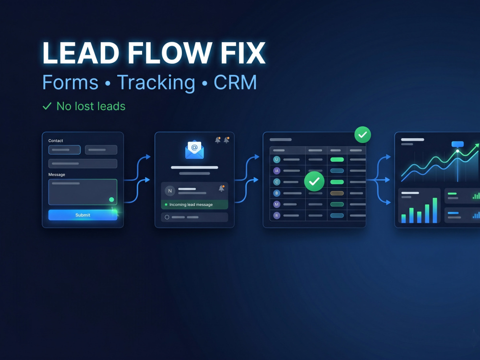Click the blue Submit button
(83, 215)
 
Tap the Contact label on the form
(56, 141)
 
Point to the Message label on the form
(57, 175)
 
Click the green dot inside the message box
(111, 200)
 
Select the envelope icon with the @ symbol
(194, 150)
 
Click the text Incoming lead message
(191, 204)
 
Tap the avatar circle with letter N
(170, 191)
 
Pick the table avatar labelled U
(277, 159)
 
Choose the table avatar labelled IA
(277, 170)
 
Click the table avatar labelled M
(277, 204)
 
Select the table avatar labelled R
(277, 215)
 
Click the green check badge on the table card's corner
(363, 135)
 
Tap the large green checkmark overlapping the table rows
(314, 181)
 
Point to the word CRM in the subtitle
(235, 82)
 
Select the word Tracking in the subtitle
(156, 83)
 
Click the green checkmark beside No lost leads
(47, 106)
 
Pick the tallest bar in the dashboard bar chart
(435, 210)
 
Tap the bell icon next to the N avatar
(221, 188)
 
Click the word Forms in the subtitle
(71, 82)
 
